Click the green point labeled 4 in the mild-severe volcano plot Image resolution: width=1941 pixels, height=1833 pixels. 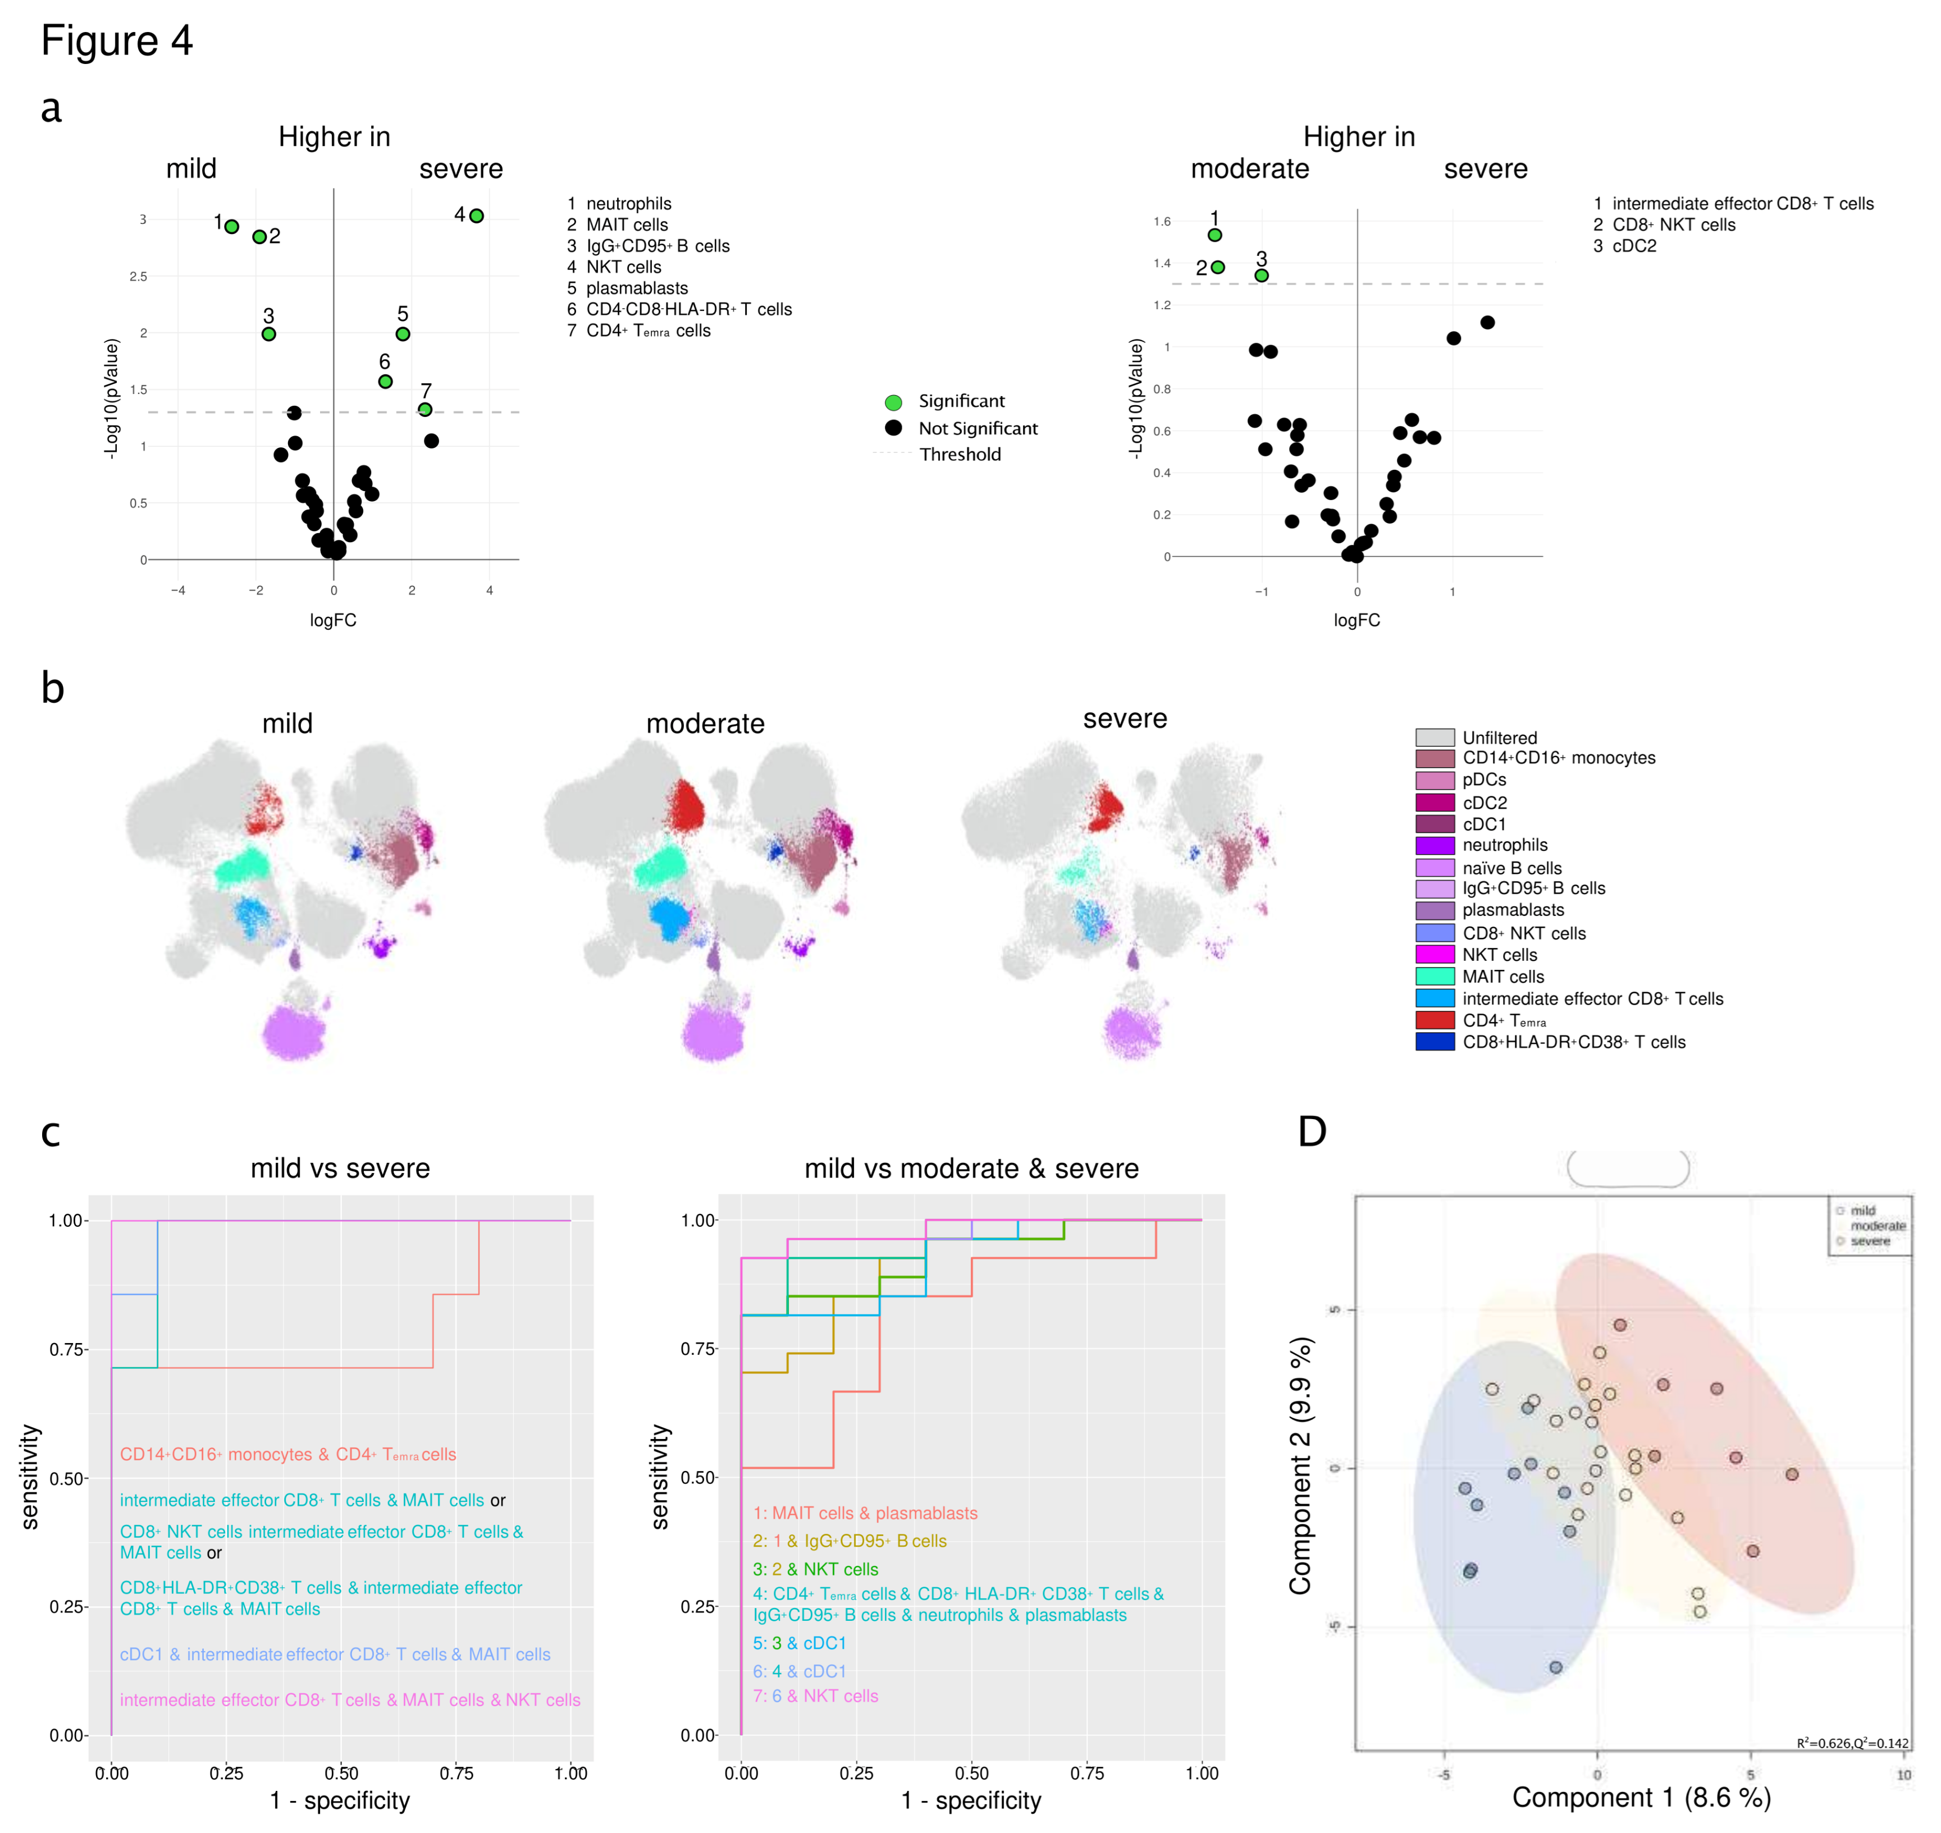[x=476, y=216]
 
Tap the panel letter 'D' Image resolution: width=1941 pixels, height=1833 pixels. [x=1312, y=1131]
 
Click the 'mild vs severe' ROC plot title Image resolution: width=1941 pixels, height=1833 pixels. [x=340, y=1168]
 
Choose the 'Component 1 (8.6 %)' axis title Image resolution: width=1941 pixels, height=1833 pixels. [x=1641, y=1797]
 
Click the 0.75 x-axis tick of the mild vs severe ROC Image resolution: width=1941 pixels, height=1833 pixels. [x=456, y=1774]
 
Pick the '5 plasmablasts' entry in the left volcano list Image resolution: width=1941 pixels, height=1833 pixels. [x=628, y=288]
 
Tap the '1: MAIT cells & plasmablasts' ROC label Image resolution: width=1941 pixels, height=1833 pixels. [x=865, y=1514]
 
